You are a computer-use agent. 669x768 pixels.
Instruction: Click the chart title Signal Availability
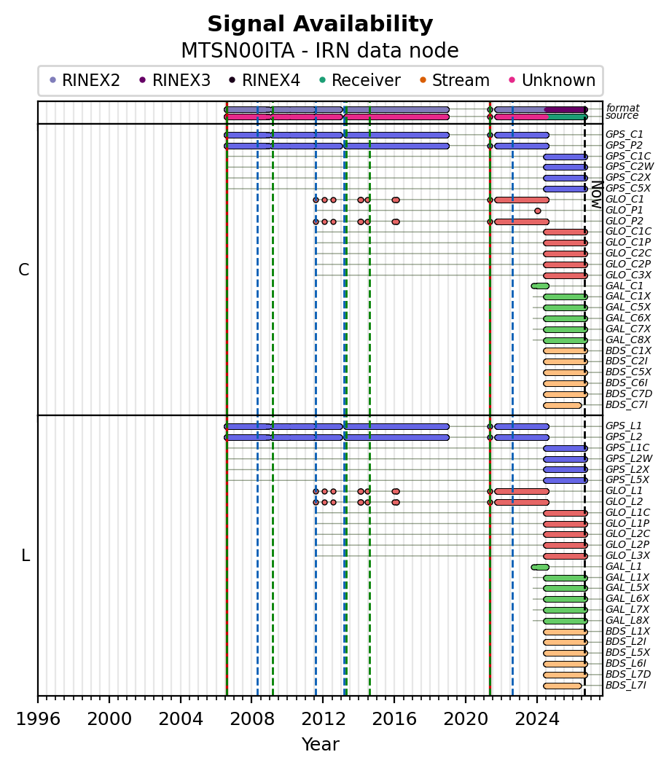tap(321, 24)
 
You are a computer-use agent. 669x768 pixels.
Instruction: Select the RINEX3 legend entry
tap(175, 80)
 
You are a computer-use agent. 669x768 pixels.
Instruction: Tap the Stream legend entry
tap(455, 80)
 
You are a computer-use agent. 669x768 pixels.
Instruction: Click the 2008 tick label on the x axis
tap(251, 719)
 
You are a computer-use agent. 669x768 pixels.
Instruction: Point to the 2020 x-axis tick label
tap(465, 719)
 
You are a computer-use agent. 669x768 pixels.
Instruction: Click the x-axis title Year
tap(321, 745)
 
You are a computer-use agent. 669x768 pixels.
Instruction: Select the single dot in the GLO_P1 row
tap(538, 211)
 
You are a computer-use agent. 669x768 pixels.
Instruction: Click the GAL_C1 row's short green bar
tap(540, 286)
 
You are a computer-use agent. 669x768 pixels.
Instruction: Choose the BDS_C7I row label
tap(627, 404)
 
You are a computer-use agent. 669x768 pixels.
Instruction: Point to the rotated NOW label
tap(597, 195)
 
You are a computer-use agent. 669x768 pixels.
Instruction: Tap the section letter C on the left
tap(23, 270)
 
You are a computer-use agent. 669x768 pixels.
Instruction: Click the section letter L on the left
tap(26, 555)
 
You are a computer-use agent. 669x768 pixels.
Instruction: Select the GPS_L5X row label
tap(627, 480)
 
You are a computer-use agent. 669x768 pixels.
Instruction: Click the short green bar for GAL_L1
tap(540, 567)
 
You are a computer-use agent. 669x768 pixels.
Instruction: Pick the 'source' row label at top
tap(622, 116)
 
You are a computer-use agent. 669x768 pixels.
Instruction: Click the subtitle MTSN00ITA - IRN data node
tap(321, 50)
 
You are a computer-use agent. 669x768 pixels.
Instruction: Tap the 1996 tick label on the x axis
tap(38, 719)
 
